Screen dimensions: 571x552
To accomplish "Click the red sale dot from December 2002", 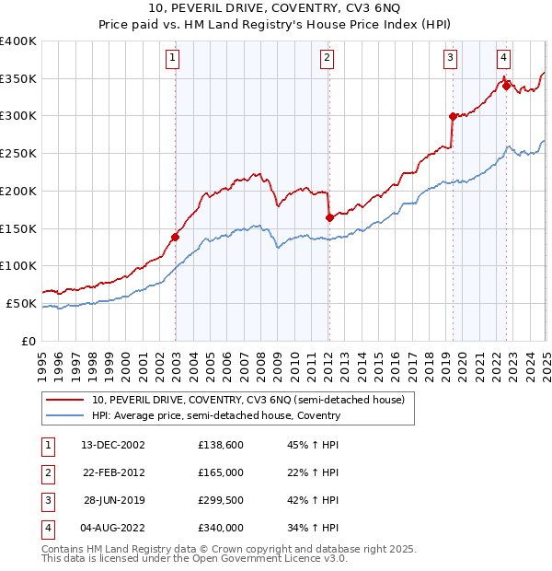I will coord(175,237).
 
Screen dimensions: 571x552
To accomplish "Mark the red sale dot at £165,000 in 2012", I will coord(328,217).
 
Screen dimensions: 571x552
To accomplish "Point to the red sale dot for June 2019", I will coord(452,116).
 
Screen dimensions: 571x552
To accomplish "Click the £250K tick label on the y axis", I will coord(18,153).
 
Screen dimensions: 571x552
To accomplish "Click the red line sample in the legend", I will coord(64,400).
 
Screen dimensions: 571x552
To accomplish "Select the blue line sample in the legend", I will coord(64,415).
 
